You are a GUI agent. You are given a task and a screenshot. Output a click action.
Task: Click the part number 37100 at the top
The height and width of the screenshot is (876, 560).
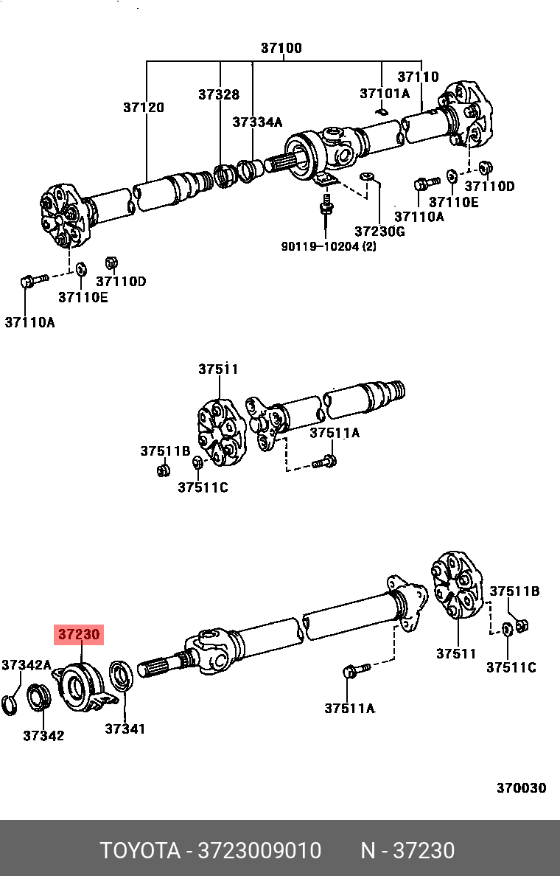[x=281, y=49]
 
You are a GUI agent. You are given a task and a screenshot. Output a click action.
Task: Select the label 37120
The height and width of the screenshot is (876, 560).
[x=143, y=108]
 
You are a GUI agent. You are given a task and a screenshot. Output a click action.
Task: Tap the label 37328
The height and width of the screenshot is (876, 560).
[x=218, y=94]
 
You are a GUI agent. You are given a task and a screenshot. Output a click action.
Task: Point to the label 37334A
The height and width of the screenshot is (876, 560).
[x=257, y=122]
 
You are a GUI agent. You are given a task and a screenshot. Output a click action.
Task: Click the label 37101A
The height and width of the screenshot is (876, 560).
[x=384, y=94]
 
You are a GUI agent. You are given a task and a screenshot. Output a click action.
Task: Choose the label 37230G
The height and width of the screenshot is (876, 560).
[x=379, y=232]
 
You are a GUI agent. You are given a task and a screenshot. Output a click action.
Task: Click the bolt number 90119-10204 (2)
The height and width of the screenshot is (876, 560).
[x=328, y=246]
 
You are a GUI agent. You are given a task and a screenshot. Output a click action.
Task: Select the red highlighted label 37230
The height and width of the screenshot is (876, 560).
[x=80, y=634]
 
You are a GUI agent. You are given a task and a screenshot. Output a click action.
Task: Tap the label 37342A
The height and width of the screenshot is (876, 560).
[x=26, y=665]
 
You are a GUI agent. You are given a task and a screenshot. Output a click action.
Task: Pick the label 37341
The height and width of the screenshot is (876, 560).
[x=125, y=729]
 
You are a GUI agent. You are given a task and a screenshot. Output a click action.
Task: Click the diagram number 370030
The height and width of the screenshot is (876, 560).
[x=520, y=788]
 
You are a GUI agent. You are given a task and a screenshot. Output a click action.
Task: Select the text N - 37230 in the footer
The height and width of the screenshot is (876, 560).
[x=407, y=851]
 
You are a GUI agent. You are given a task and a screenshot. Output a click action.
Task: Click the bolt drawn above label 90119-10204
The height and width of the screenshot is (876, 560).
[x=323, y=206]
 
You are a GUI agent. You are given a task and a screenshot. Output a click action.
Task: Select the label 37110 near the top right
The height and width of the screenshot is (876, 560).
[x=418, y=77]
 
